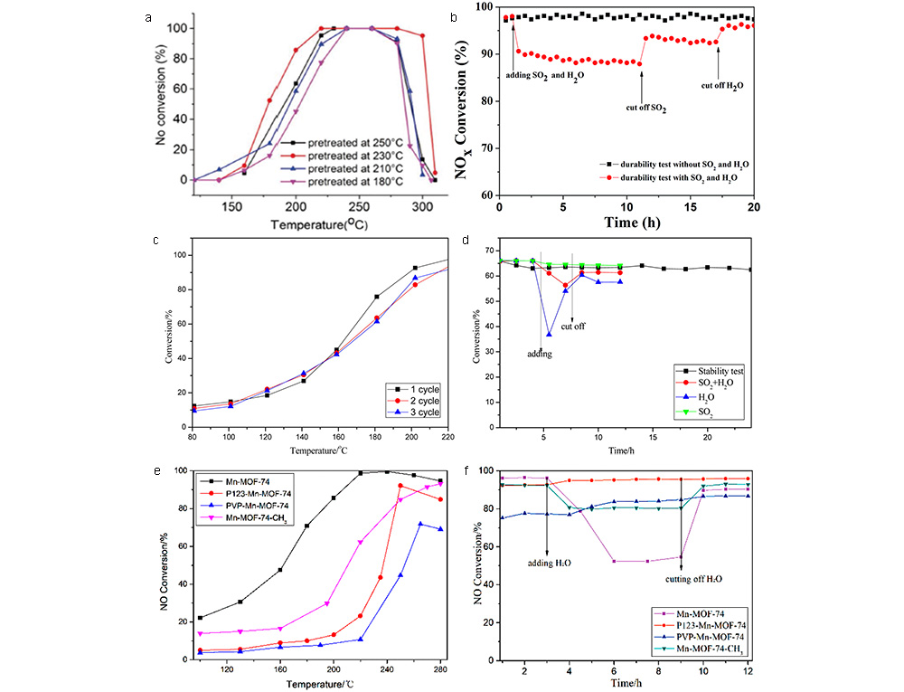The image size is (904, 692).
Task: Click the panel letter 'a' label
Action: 150,17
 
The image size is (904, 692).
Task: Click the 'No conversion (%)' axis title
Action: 160,103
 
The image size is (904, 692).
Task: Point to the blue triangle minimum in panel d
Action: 548,334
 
